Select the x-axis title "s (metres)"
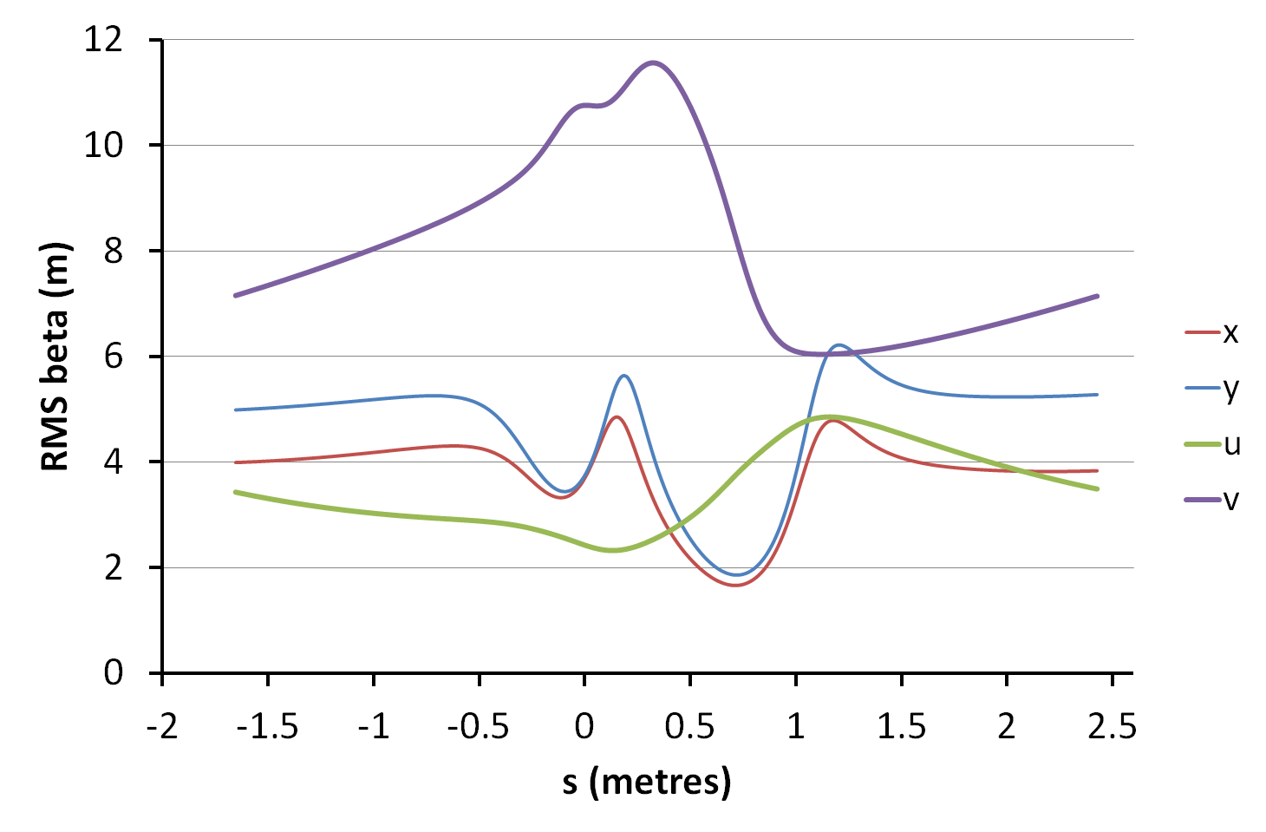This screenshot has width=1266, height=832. click(x=647, y=782)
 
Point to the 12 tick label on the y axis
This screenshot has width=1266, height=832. click(x=104, y=40)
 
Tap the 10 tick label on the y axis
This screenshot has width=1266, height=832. click(x=104, y=145)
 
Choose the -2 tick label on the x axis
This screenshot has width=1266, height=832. click(x=162, y=725)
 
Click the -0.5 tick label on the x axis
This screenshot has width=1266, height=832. click(x=478, y=725)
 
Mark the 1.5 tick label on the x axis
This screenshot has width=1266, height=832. click(x=901, y=725)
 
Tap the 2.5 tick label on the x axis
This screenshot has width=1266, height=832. click(x=1112, y=725)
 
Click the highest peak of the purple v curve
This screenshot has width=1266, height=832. click(x=653, y=62)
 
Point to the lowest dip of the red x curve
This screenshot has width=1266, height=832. click(x=735, y=585)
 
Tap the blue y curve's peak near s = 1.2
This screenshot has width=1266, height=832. click(x=839, y=345)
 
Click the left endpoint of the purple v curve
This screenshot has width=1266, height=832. click(x=235, y=296)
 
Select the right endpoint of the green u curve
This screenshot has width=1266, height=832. click(x=1098, y=489)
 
